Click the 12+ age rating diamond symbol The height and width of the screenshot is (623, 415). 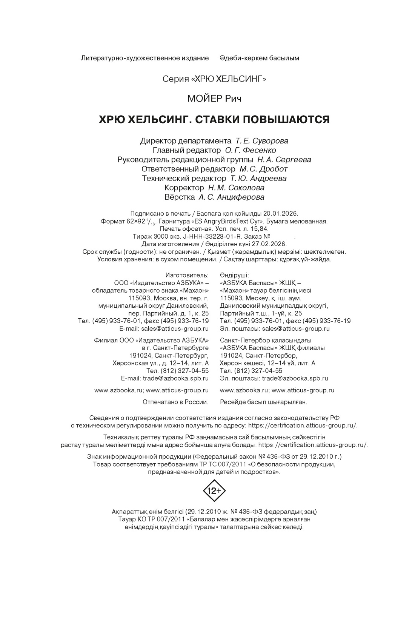click(214, 490)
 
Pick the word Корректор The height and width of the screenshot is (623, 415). click(184, 188)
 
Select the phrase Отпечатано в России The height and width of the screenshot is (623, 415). click(175, 402)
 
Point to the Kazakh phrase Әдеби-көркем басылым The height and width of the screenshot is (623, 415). click(260, 58)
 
